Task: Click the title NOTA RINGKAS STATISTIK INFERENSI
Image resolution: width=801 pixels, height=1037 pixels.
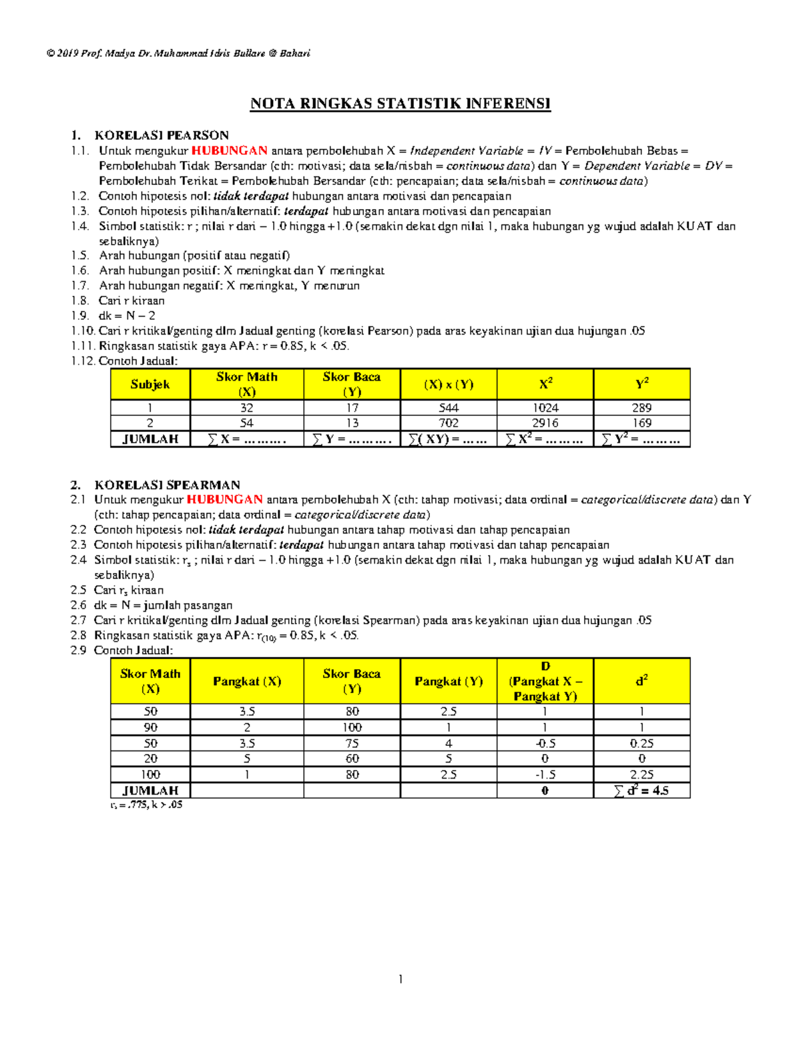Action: point(400,103)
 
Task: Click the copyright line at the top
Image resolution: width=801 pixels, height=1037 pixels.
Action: point(178,53)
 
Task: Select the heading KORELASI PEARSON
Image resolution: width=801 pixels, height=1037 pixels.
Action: point(162,135)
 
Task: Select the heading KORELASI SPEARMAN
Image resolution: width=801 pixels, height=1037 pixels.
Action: point(167,485)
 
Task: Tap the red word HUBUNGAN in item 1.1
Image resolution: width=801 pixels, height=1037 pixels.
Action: point(230,151)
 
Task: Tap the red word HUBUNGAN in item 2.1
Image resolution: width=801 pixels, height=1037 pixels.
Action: point(224,499)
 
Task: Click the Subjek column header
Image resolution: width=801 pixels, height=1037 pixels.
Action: point(150,385)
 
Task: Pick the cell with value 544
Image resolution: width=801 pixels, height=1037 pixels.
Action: point(449,408)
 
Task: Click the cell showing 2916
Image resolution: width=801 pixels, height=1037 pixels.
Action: point(545,423)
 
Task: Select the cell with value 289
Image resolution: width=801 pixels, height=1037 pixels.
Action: point(641,408)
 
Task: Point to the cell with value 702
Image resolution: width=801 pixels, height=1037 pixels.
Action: point(449,423)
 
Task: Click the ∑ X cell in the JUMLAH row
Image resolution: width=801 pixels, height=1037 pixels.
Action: point(246,439)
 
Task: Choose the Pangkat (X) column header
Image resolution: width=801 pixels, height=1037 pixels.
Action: point(247,681)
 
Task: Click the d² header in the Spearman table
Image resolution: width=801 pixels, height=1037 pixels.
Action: point(641,681)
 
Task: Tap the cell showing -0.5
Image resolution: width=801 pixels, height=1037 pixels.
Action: point(545,743)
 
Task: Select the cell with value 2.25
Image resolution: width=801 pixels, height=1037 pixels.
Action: point(641,775)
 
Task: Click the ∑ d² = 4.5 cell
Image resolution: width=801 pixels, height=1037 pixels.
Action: point(641,791)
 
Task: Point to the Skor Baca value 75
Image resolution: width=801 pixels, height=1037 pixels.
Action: point(352,743)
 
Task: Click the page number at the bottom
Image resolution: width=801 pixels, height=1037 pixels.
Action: point(400,980)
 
